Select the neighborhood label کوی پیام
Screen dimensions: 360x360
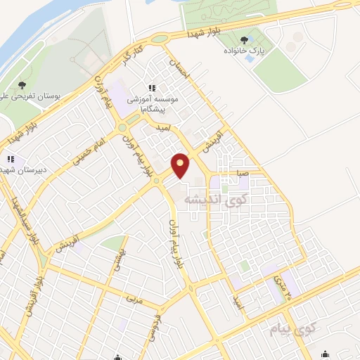tap(294, 328)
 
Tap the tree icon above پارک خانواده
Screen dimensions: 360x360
tap(244, 40)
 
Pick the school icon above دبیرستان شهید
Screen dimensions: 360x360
tap(11, 160)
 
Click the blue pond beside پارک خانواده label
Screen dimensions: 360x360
tap(252, 58)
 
